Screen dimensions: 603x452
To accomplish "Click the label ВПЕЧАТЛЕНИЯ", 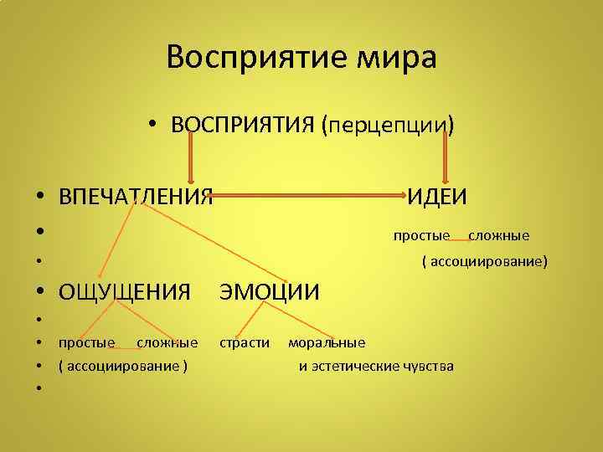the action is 135,197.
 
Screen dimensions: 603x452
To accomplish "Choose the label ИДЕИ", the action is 437,197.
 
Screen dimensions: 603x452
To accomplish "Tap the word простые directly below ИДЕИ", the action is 422,235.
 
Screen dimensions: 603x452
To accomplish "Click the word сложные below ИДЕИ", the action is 498,235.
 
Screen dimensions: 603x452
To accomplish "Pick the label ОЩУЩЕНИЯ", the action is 125,292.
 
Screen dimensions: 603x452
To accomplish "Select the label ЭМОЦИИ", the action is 269,292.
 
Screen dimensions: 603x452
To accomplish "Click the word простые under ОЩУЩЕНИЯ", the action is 86,342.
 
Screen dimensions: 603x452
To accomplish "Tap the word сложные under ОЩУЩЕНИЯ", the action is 167,342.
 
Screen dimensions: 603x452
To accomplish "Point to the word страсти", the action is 245,342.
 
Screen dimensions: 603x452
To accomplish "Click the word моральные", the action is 327,342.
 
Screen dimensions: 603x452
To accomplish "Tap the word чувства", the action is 427,366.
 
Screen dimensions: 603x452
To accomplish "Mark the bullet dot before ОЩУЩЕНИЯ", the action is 40,293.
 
